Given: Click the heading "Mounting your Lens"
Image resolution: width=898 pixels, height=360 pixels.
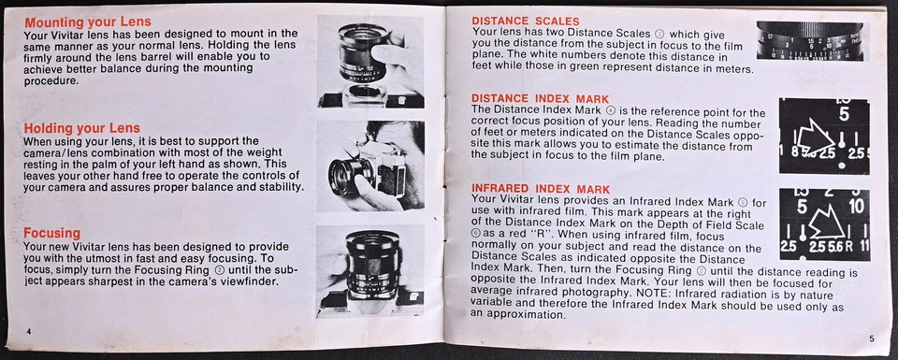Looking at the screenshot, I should tap(87, 22).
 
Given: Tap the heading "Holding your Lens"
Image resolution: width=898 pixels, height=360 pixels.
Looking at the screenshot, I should tap(81, 128).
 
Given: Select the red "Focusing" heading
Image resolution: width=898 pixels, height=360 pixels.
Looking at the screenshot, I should tap(51, 233).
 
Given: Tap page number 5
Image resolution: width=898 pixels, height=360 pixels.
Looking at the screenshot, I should tap(871, 338).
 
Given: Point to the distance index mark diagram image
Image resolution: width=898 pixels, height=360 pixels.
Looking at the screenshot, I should tap(823, 136).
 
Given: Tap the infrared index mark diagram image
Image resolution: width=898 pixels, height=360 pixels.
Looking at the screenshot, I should tap(823, 224).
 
